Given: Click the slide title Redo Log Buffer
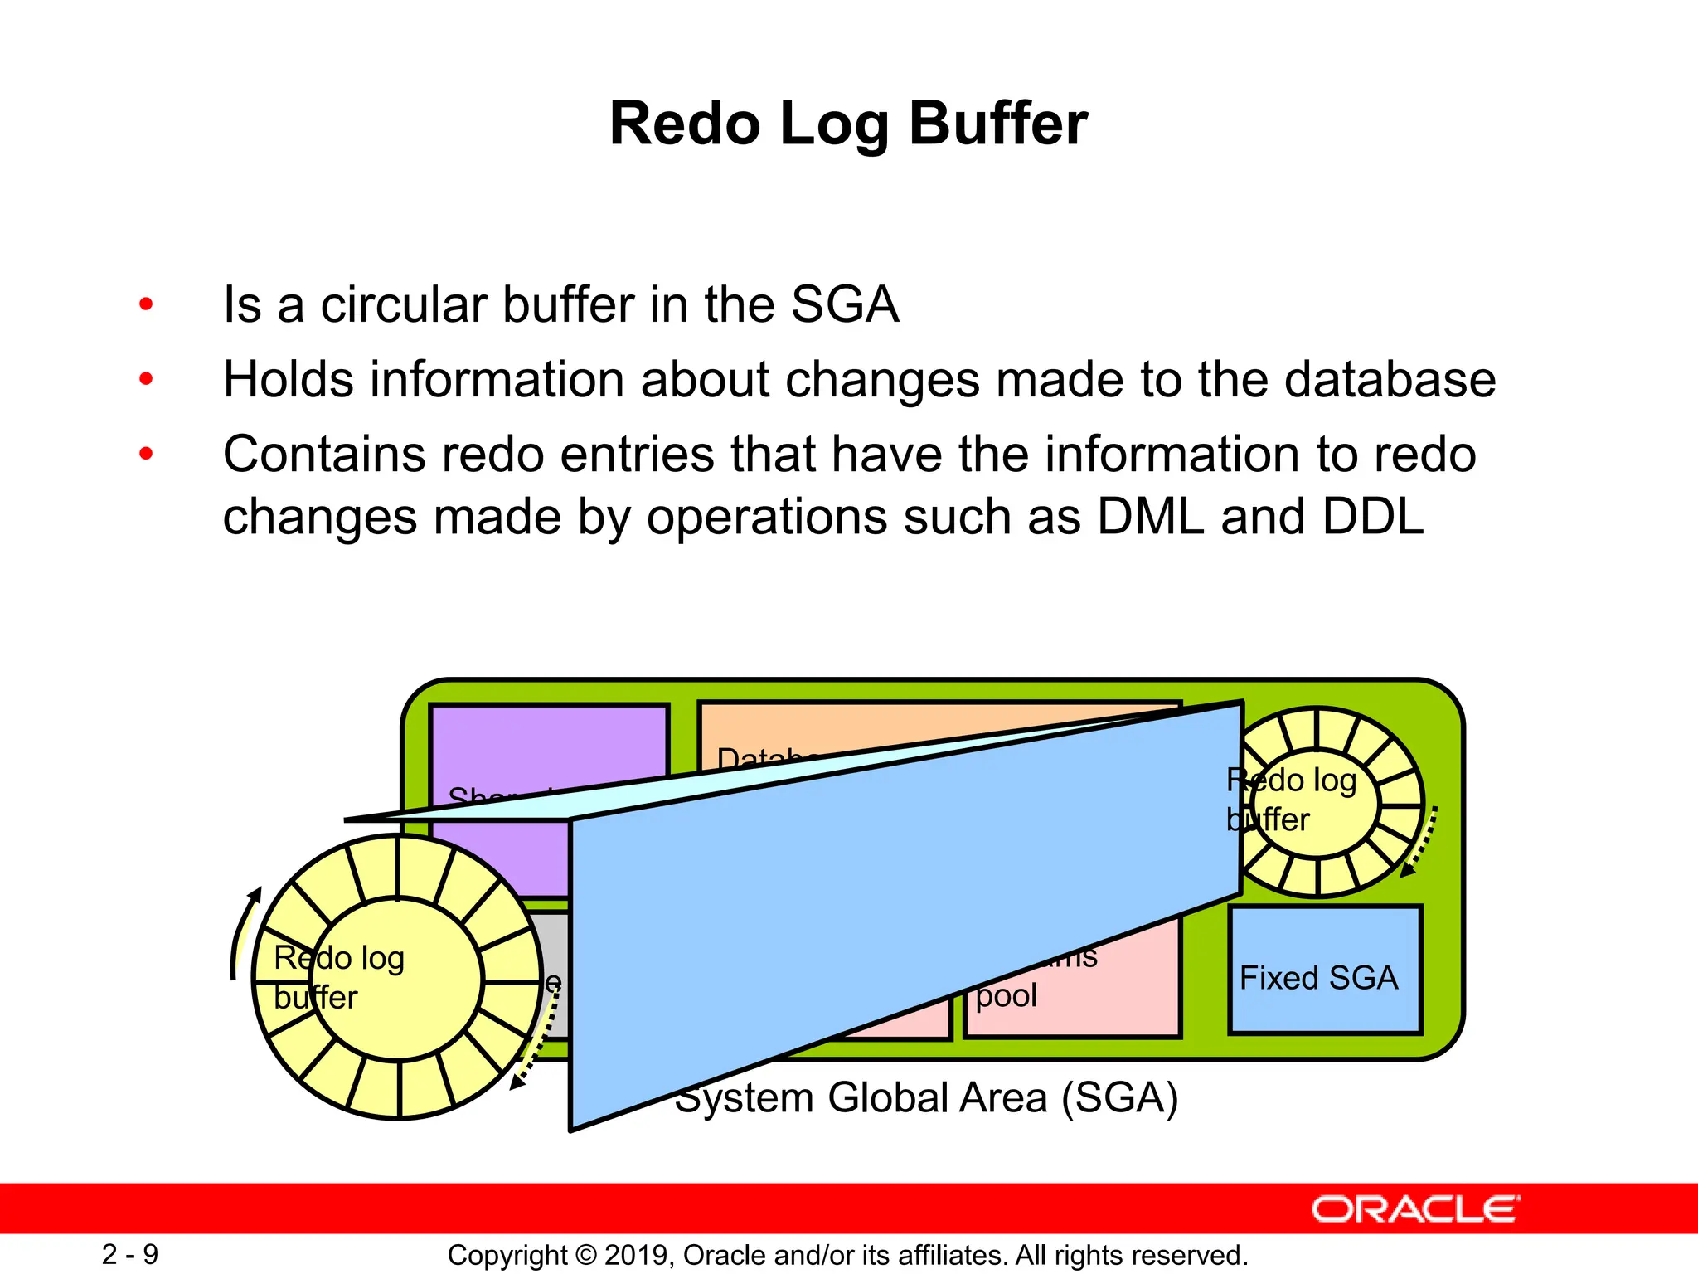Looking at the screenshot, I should (848, 124).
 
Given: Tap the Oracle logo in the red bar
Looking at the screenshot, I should (1415, 1209).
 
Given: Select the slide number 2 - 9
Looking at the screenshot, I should (130, 1254).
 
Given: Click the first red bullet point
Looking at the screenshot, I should (147, 304).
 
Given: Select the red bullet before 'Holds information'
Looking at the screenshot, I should (147, 380).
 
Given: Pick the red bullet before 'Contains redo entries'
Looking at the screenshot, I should (147, 454).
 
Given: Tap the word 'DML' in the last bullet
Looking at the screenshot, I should (1150, 517).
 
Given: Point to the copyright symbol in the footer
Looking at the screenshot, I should (586, 1255).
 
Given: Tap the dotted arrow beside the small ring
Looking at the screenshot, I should (1420, 842).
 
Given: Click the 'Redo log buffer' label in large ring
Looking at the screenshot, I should (338, 977).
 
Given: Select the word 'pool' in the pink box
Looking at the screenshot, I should (1006, 995).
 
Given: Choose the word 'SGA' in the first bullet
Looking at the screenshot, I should (844, 304).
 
